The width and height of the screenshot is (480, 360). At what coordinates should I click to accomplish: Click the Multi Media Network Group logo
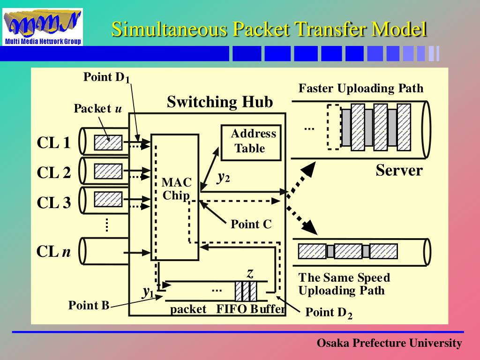click(x=43, y=27)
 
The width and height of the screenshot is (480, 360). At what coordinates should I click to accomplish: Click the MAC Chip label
click(x=176, y=189)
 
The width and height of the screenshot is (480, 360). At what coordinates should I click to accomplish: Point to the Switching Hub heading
click(x=220, y=102)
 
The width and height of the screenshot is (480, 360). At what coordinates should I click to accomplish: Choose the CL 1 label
click(x=53, y=143)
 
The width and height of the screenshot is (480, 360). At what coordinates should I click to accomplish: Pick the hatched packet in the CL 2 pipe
click(x=108, y=172)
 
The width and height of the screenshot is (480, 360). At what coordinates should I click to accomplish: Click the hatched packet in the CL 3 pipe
click(x=108, y=200)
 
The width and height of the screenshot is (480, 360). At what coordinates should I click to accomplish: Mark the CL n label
click(x=53, y=252)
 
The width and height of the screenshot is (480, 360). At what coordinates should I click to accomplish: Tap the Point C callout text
click(x=251, y=225)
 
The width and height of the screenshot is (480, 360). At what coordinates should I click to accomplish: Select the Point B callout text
click(x=89, y=306)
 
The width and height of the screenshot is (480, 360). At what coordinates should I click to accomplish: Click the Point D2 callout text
click(x=328, y=313)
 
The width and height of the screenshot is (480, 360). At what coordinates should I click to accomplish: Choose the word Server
click(x=399, y=171)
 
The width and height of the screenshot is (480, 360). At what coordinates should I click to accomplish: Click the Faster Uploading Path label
click(x=361, y=88)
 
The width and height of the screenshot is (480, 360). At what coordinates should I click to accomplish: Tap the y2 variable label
click(x=223, y=177)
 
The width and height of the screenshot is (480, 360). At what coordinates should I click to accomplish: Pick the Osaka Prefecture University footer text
click(x=389, y=343)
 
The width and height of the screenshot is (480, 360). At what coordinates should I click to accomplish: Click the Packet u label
click(x=97, y=109)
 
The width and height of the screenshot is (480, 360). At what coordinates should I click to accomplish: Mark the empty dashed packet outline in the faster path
click(x=333, y=127)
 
